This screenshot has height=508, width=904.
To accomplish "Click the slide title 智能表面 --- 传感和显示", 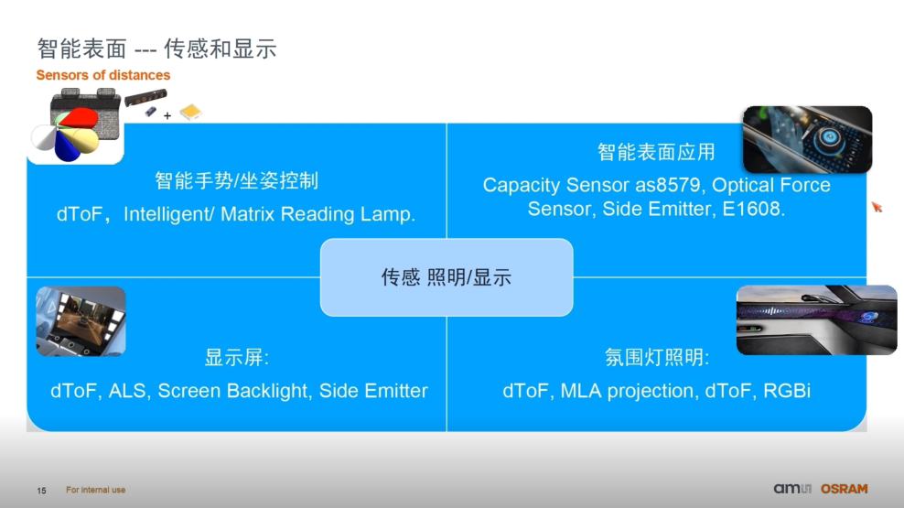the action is pos(156,49).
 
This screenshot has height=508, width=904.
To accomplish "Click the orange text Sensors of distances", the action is pos(103,75).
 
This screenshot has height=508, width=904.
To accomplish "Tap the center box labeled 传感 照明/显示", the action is pos(446,277).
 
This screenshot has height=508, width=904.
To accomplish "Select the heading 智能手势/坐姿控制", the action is pos(236,180).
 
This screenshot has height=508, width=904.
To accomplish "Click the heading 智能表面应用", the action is pos(656,152).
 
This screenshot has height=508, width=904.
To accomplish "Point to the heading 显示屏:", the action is pos(236,357).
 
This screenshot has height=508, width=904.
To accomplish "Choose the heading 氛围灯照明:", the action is pos(656,357).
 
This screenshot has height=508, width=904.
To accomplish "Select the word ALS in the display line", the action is pos(128,391).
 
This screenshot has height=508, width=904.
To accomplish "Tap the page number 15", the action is pos(41,491).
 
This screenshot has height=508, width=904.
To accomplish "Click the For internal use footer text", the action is pos(96,491).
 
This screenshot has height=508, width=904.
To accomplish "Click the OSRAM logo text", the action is pos(843,489).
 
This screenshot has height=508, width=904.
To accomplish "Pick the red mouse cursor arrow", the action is pos(876,207).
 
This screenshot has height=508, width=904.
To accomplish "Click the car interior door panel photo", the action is pos(816,319).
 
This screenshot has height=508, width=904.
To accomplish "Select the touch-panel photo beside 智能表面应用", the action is pos(806,139).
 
